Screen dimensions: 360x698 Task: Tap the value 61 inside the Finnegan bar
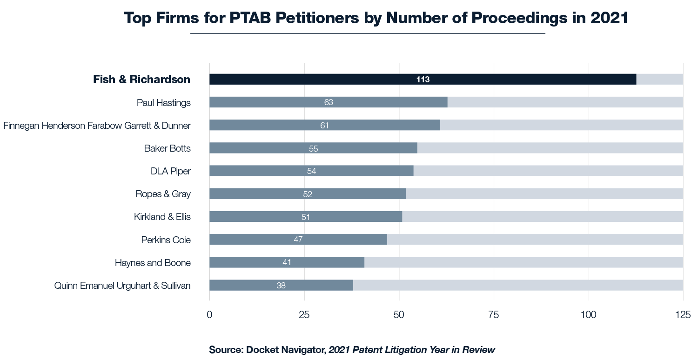click(x=324, y=126)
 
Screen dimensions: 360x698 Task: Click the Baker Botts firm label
click(x=167, y=148)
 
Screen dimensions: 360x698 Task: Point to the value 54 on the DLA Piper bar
click(x=311, y=171)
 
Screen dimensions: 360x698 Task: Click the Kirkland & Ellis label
click(x=162, y=217)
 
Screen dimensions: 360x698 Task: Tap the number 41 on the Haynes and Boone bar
click(x=287, y=262)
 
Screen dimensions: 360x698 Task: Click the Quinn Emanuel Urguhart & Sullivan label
click(x=122, y=286)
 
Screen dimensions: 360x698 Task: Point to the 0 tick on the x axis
click(x=209, y=314)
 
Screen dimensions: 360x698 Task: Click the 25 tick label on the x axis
click(x=304, y=314)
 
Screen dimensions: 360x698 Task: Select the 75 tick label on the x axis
click(x=494, y=314)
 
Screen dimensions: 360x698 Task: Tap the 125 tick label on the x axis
click(x=683, y=314)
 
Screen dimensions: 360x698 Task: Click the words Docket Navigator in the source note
click(x=286, y=350)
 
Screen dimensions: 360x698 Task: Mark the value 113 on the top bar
click(x=423, y=80)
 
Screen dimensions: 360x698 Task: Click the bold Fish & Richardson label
click(x=141, y=80)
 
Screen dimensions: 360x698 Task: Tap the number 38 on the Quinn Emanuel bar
click(x=281, y=286)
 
